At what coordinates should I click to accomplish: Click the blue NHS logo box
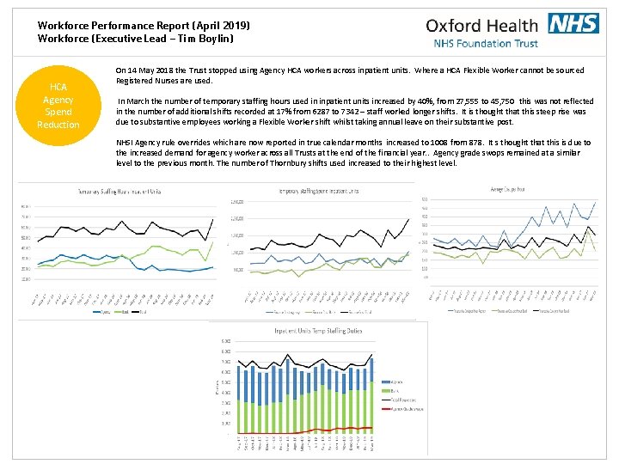[573, 23]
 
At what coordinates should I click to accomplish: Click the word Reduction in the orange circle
[58, 125]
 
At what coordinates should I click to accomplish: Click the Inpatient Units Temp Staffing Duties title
[318, 330]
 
